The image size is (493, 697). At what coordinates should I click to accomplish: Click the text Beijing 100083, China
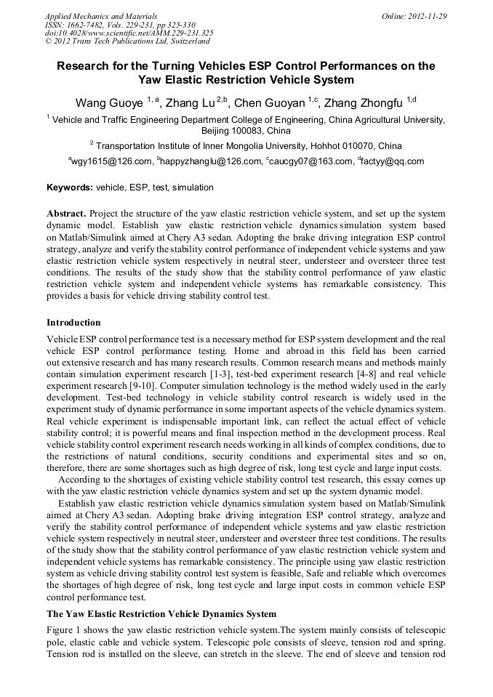pyautogui.click(x=246, y=132)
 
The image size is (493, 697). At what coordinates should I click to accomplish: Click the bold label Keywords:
pyautogui.click(x=70, y=188)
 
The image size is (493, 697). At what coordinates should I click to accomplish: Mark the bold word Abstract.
pyautogui.click(x=67, y=214)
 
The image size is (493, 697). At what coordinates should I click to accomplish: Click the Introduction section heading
pyautogui.click(x=73, y=322)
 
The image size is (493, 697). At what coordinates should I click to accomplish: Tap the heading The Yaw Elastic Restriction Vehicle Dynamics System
pyautogui.click(x=161, y=614)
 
